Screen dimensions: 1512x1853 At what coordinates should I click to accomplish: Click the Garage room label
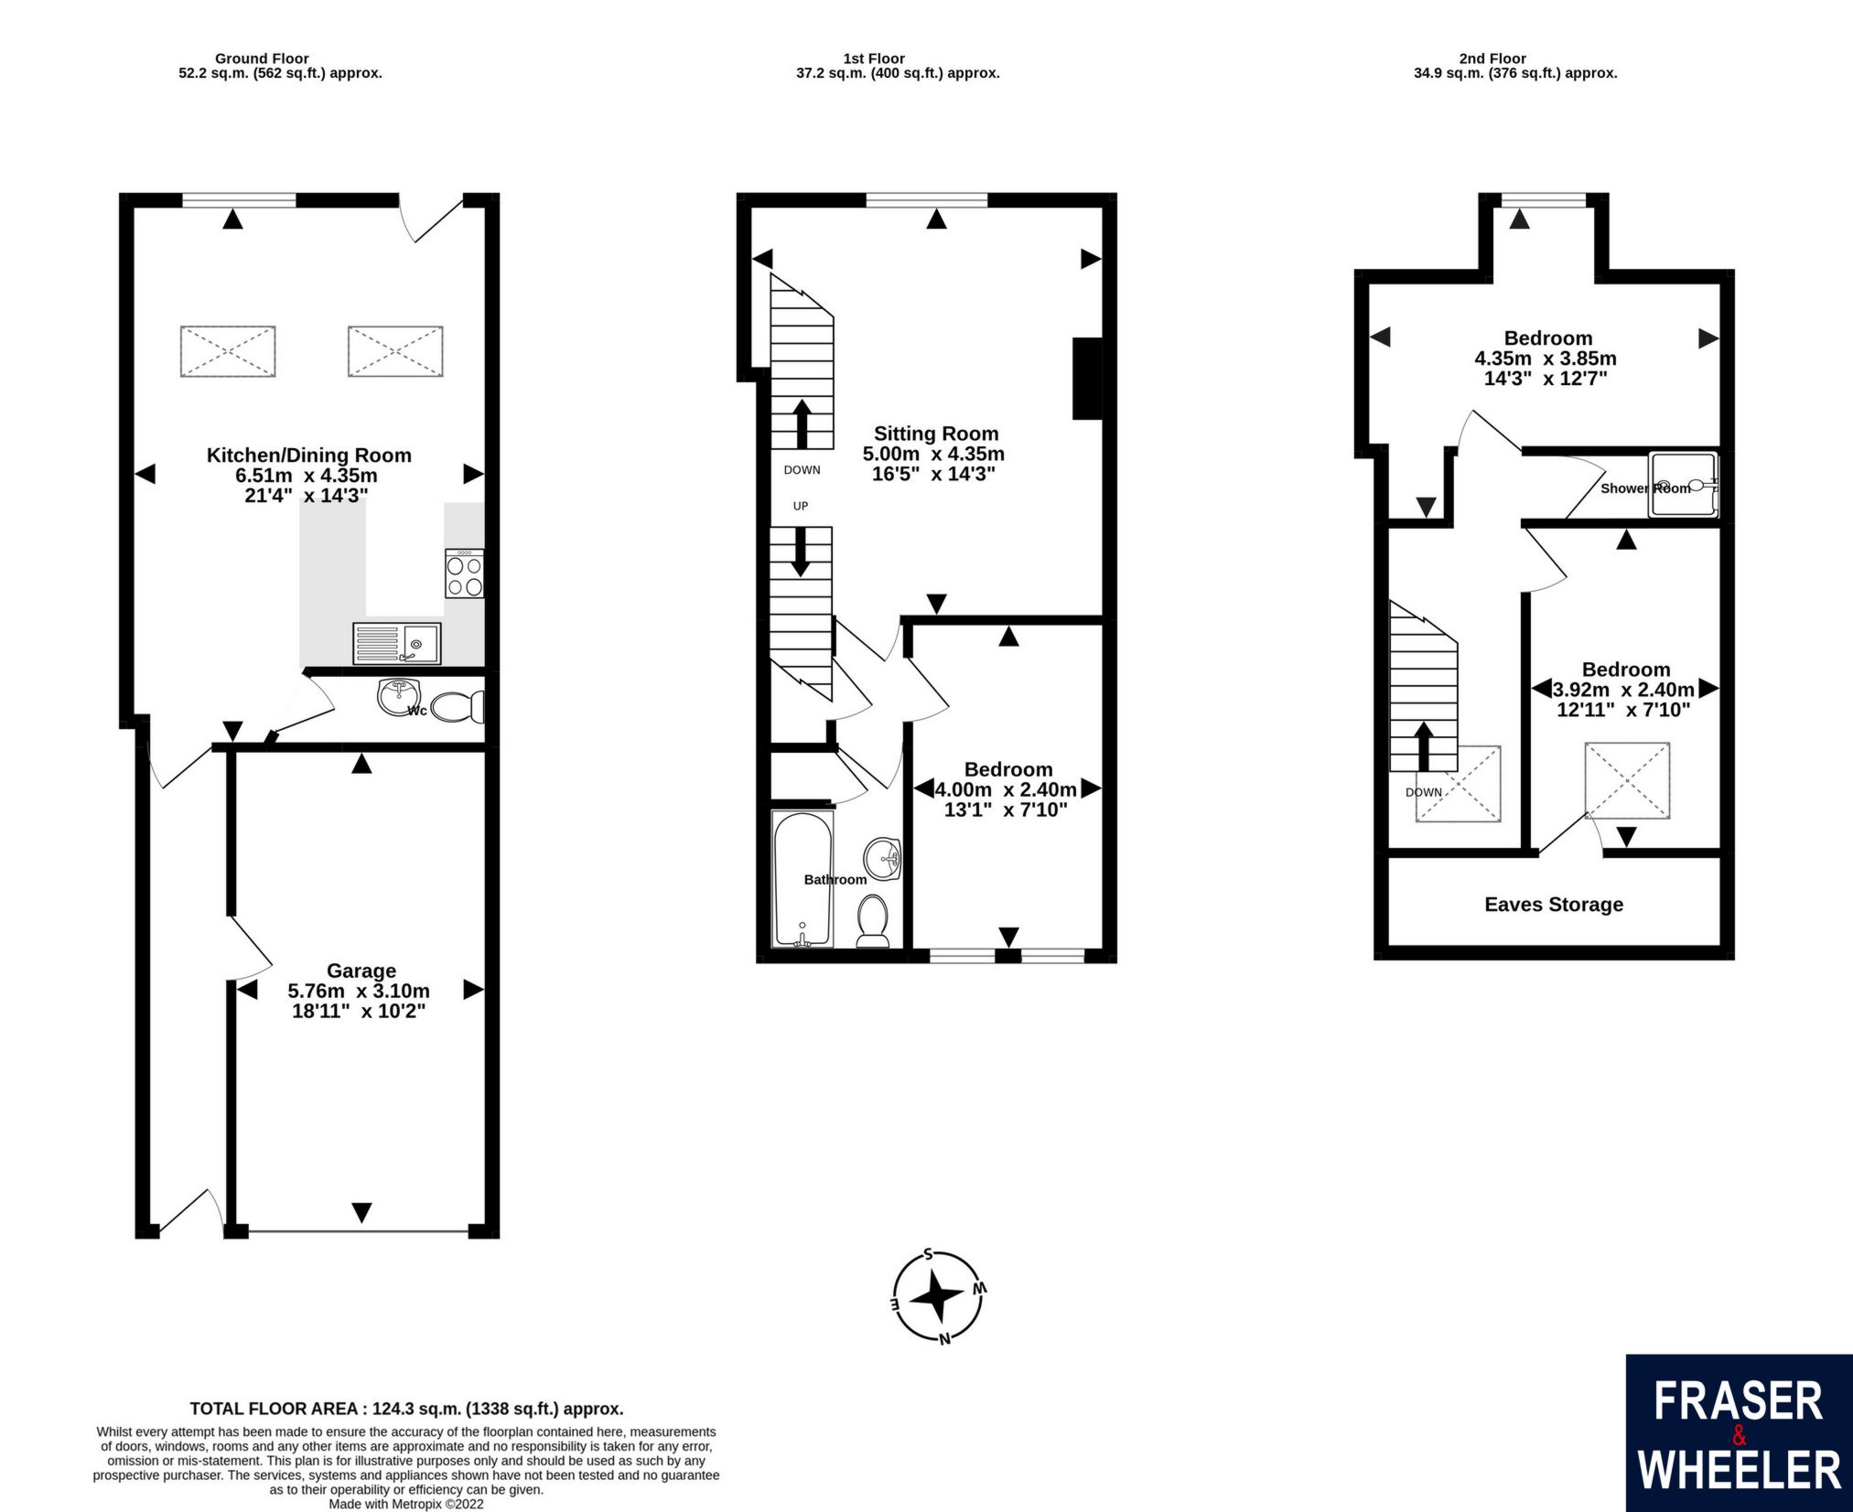(361, 970)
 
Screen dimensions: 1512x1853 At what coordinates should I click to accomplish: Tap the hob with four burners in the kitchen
(464, 574)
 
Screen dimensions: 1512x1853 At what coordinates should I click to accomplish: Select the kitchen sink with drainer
(396, 643)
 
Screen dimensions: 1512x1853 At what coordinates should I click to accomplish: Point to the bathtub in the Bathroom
(803, 879)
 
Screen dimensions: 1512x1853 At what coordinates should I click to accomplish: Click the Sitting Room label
(935, 434)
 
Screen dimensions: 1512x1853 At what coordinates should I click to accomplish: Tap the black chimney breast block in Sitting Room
(1087, 379)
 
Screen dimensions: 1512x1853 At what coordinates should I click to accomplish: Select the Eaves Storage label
(1553, 905)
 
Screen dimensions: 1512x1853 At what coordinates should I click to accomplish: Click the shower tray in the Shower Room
(1683, 486)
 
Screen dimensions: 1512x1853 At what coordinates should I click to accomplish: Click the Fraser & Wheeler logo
(1738, 1432)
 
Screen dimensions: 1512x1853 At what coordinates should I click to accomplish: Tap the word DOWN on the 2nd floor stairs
(1423, 792)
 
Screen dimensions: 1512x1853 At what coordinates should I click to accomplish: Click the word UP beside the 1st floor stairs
(800, 506)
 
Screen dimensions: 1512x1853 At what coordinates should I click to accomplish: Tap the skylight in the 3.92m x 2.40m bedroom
(1626, 780)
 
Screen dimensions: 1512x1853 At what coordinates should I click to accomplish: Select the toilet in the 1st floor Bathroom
(873, 919)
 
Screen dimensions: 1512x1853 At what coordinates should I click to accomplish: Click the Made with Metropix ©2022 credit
(406, 1504)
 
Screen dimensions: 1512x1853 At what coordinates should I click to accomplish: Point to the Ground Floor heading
(261, 59)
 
